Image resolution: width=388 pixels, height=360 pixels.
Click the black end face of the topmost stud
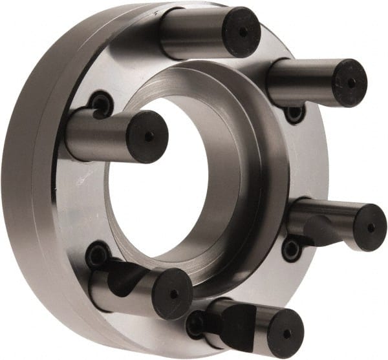click(241, 32)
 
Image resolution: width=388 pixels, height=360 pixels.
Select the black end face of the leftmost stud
click(147, 136)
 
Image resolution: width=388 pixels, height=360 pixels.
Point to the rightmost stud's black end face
click(369, 228)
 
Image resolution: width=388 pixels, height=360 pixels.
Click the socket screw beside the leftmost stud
click(101, 103)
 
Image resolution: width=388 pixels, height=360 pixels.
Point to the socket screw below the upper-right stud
click(295, 114)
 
